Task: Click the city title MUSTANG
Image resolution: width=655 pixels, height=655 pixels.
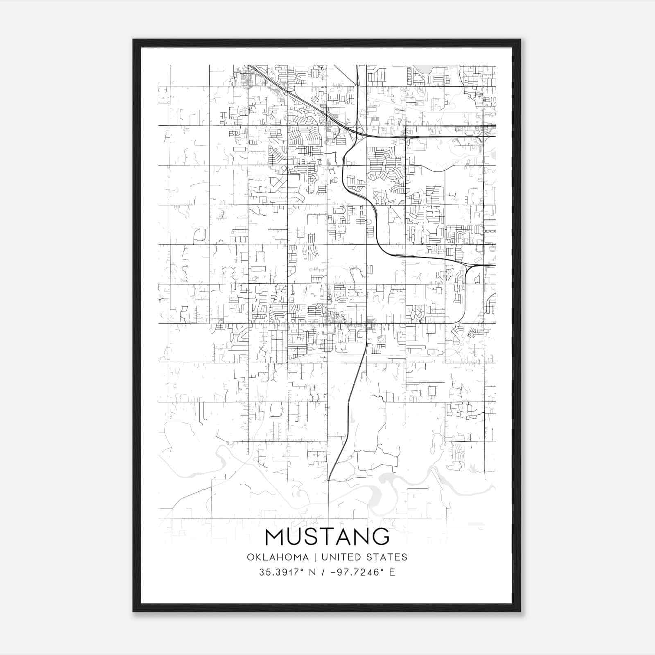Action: [x=327, y=537]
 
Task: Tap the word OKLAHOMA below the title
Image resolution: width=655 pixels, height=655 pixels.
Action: [x=278, y=557]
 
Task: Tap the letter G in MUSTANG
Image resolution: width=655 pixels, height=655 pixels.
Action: [x=380, y=537]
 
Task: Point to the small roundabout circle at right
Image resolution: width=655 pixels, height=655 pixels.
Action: [x=472, y=334]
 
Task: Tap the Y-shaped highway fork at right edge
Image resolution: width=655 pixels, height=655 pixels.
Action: [x=471, y=266]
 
